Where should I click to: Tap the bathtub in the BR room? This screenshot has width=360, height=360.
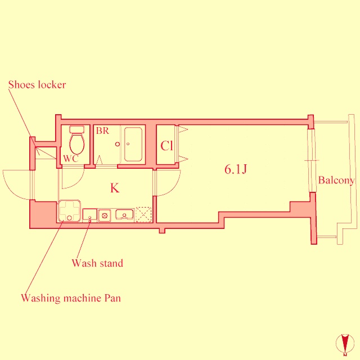(134, 144)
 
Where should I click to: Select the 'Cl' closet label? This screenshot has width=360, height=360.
(166, 146)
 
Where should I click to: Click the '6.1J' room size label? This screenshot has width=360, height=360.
(236, 169)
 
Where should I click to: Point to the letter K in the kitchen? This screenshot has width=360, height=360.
(115, 188)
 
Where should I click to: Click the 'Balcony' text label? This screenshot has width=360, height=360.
(336, 181)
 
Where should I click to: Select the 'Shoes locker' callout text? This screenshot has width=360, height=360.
(37, 85)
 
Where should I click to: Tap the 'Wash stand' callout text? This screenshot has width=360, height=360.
(97, 263)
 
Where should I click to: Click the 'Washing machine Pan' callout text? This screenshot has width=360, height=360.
(71, 298)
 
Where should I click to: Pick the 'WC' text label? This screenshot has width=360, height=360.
(70, 159)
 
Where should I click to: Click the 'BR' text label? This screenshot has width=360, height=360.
(102, 131)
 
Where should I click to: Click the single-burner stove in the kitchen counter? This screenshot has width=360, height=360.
(104, 214)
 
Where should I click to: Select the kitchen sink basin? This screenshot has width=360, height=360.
(124, 214)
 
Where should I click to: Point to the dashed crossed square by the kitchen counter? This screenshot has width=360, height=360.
(143, 214)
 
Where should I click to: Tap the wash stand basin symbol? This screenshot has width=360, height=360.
(90, 214)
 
